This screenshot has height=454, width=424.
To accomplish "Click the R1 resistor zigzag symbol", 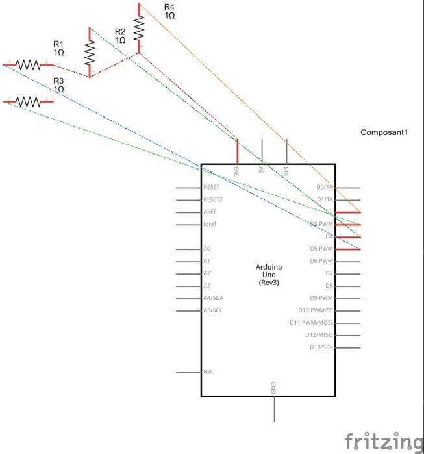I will [28, 64].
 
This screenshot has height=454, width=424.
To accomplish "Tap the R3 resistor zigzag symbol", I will [28, 101].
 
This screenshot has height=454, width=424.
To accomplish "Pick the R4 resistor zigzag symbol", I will [139, 27].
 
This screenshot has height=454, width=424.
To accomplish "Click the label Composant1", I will [383, 132].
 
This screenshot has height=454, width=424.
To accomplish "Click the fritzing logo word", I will [382, 441].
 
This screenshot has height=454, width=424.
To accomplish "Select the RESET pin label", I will [212, 187].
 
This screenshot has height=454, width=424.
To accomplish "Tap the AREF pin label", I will [210, 212].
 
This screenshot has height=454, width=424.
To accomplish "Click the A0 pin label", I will [207, 249].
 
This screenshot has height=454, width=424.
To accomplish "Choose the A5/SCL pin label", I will [214, 310].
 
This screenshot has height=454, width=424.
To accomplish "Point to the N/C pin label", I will [209, 372].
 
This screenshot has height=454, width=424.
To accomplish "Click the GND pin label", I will [273, 388].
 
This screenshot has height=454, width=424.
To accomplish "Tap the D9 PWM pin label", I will [321, 298].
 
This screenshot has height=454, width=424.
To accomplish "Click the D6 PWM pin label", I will [321, 261].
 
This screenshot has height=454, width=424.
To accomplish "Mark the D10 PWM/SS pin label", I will [316, 310].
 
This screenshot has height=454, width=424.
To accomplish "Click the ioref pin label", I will [210, 225].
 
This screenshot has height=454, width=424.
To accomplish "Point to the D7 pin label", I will [329, 273].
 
